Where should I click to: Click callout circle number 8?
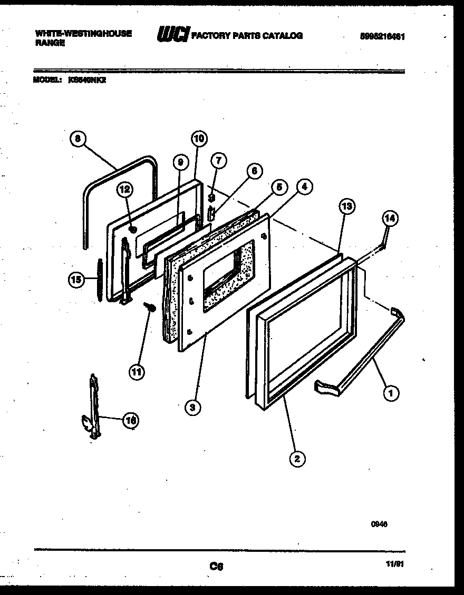tap(78, 139)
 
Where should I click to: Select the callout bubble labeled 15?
tap(76, 280)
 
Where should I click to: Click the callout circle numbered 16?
tap(130, 420)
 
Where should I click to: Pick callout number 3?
tap(194, 407)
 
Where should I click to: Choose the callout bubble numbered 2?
tap(297, 459)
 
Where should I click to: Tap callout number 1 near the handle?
tap(391, 392)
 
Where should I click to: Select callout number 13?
tap(346, 206)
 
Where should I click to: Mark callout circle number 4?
tap(304, 186)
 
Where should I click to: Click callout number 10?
tap(199, 139)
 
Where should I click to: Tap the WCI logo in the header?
tap(173, 36)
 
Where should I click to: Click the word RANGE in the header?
tap(50, 44)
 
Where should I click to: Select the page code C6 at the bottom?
tap(216, 566)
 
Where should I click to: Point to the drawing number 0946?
tap(380, 524)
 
